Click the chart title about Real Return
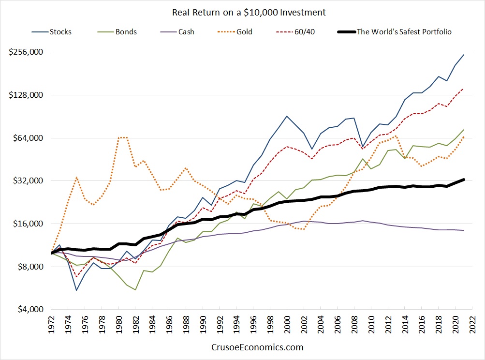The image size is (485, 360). (x=249, y=13)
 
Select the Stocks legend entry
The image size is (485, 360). (x=51, y=31)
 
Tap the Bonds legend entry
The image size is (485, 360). (x=117, y=31)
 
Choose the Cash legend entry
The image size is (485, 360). (x=177, y=31)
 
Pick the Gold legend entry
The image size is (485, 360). (x=235, y=31)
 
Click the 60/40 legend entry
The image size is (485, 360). (x=295, y=31)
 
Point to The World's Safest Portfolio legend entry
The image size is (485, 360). (x=395, y=31)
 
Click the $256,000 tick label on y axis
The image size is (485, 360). (x=26, y=52)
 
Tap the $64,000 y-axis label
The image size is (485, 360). (x=28, y=138)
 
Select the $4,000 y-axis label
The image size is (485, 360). (x=30, y=309)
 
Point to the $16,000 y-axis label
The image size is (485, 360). (x=28, y=224)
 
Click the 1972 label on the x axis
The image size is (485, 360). (x=51, y=324)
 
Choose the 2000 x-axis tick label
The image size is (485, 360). (x=287, y=324)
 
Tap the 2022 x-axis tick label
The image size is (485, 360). (x=472, y=324)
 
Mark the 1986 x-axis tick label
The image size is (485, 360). (x=169, y=324)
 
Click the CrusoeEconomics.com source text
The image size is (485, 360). (x=257, y=347)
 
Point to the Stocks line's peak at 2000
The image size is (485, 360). (x=287, y=117)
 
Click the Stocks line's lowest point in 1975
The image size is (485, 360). (x=76, y=290)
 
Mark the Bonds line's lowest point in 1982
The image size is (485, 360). (x=135, y=290)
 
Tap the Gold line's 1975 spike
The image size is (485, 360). (x=76, y=178)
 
